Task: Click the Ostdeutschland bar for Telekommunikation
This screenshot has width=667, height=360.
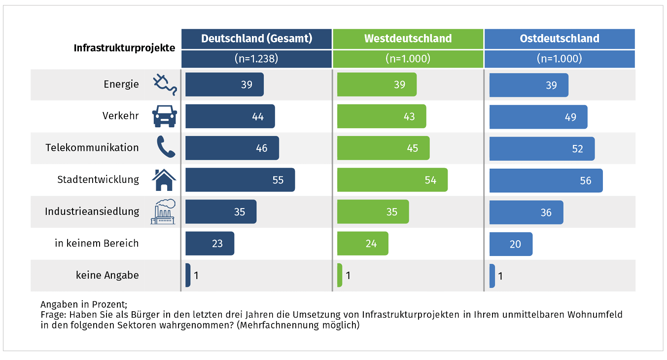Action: (x=542, y=148)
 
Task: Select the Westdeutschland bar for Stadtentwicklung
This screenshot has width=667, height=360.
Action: (x=392, y=180)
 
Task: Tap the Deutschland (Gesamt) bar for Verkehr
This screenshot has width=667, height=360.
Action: (x=230, y=117)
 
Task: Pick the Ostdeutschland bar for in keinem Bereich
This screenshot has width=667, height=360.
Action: (x=511, y=244)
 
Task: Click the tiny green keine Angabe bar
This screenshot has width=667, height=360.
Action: (x=340, y=275)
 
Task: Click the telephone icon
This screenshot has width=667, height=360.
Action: (x=166, y=147)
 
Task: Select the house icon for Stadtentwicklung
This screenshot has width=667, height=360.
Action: (x=164, y=180)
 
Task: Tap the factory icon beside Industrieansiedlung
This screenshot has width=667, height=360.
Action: (x=163, y=212)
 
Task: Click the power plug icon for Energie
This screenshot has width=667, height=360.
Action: (x=165, y=84)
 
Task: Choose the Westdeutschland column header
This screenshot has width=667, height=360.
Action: (x=408, y=38)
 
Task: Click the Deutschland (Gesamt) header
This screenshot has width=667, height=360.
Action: (x=256, y=38)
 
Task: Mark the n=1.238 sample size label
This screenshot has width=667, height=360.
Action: (x=256, y=59)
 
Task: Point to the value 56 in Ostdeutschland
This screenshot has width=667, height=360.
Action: (x=585, y=180)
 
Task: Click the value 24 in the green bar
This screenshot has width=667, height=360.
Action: (x=371, y=244)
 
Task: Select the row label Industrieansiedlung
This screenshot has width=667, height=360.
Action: (x=92, y=212)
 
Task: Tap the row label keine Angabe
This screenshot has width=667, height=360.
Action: (x=107, y=275)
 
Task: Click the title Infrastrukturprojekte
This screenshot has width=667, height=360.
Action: (x=124, y=48)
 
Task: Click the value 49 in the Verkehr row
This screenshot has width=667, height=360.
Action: (x=569, y=117)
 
